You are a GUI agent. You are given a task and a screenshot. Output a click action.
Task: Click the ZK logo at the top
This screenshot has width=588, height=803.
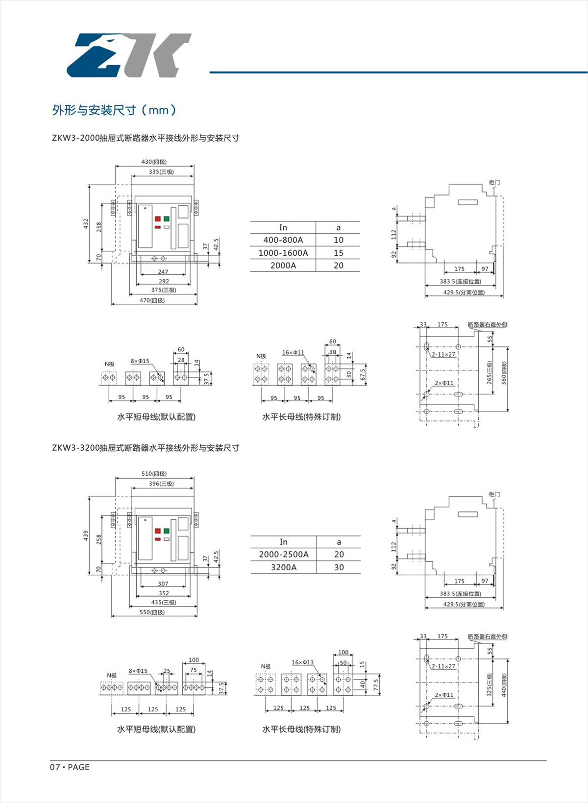128,55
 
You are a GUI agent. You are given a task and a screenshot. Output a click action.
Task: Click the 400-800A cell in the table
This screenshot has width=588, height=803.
283,240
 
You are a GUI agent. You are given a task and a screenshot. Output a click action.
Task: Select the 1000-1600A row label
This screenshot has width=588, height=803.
283,253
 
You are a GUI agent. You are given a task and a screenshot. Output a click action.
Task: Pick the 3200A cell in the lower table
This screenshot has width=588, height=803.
284,567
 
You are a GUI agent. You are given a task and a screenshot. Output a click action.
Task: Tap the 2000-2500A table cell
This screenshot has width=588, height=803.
284,555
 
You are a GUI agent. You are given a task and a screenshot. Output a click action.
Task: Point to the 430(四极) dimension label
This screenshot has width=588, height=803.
154,162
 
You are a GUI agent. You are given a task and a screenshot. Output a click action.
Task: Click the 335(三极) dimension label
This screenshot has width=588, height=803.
161,172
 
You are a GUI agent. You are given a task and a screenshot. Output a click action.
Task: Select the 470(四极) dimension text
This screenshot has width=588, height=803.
152,300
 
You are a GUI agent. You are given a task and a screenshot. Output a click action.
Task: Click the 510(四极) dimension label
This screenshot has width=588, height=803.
154,474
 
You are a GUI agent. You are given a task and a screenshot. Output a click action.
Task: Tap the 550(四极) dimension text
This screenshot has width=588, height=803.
152,612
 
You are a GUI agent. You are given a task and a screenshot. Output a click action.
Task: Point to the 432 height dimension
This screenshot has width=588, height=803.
86,223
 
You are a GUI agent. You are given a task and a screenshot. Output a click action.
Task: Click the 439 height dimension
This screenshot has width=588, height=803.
86,535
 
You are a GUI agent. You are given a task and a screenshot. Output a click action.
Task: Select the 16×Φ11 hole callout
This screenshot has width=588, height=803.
293,352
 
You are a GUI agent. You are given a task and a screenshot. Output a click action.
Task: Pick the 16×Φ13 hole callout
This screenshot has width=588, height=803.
302,662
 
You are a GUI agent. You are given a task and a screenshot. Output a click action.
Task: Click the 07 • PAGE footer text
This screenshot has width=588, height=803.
70,767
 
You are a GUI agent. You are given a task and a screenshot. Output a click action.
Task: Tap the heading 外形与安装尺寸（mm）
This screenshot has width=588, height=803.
114,110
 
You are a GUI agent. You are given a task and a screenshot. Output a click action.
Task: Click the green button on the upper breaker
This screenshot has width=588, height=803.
167,219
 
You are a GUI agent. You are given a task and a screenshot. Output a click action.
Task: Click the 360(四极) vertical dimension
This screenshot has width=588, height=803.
504,373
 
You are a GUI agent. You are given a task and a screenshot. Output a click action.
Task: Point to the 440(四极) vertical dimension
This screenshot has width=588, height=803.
504,685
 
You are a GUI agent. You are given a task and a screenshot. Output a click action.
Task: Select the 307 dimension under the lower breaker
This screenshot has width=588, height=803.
163,584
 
